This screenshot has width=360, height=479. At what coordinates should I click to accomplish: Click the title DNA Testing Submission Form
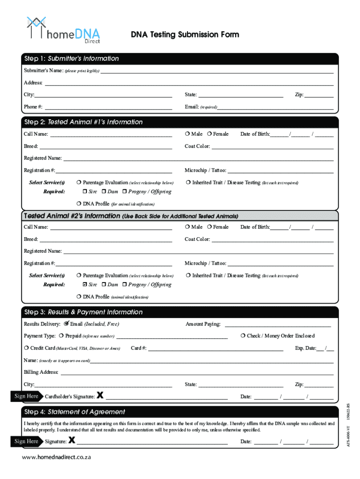click(185, 35)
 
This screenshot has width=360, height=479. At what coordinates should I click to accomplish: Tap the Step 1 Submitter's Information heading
click(72, 58)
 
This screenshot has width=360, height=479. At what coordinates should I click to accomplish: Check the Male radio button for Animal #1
click(187, 134)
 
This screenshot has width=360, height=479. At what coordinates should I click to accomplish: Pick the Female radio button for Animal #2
click(209, 227)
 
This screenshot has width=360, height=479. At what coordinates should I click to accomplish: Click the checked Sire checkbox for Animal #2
click(85, 284)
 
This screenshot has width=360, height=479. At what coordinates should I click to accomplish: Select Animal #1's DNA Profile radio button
click(79, 204)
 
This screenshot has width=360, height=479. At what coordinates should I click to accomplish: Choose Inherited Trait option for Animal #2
click(187, 276)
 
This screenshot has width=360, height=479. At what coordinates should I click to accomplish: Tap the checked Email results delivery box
click(66, 324)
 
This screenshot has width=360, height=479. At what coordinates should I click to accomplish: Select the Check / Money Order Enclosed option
click(243, 336)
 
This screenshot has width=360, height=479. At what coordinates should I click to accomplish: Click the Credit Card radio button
click(26, 348)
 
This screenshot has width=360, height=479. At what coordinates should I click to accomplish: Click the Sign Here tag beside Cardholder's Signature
click(26, 396)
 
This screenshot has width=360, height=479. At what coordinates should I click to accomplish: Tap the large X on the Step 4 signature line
click(72, 440)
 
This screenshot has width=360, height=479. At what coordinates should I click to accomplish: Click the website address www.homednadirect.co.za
click(57, 457)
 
